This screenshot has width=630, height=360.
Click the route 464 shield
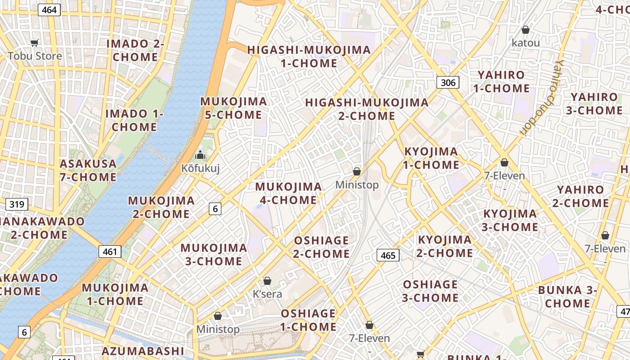[x=49, y=9]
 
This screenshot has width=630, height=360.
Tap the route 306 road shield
[x=448, y=82]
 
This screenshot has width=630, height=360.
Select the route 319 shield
[x=17, y=205]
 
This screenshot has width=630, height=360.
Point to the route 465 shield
[x=387, y=256]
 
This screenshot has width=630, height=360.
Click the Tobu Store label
[x=35, y=56]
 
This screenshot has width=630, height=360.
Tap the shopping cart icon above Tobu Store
[x=35, y=43]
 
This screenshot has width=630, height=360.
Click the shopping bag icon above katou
[x=525, y=30]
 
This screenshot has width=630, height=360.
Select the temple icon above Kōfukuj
[x=200, y=155]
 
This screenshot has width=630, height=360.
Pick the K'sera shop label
[x=267, y=294]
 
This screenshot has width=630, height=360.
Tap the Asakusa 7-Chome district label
[x=88, y=170]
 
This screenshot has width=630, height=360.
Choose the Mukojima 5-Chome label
[x=234, y=108]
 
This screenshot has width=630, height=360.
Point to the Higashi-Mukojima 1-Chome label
[x=309, y=56]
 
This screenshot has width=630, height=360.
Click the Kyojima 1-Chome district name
[x=431, y=158]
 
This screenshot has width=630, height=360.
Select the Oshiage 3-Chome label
[x=430, y=291]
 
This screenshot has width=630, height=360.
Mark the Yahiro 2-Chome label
[x=580, y=196]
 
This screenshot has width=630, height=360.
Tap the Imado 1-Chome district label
[x=134, y=120]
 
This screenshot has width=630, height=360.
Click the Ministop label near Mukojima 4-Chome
[x=357, y=185]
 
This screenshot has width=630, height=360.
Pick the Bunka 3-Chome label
[x=567, y=297]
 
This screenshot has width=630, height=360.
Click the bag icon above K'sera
[x=267, y=281]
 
